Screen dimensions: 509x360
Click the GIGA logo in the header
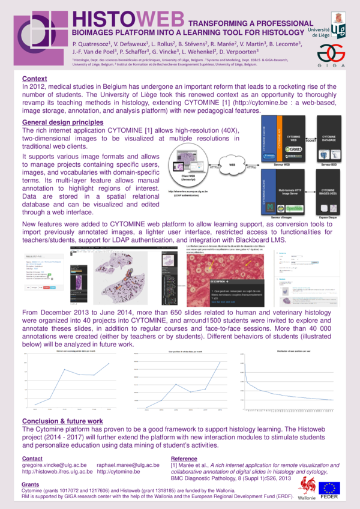[x=331, y=56]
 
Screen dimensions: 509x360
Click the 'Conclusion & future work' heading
[x=62, y=421]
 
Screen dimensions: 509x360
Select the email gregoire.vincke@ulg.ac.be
[x=54, y=465]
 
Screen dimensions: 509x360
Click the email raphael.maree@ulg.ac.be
[x=128, y=465]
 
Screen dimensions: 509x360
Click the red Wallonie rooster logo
[x=307, y=487]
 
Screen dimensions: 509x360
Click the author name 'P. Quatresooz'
[x=94, y=46]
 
